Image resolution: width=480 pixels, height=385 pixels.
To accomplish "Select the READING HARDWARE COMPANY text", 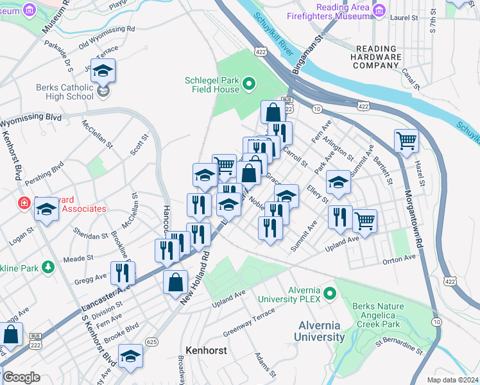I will click(368, 57).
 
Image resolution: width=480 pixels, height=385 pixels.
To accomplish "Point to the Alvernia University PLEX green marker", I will click(330, 294).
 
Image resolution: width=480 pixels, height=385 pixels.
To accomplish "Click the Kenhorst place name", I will click(204, 351).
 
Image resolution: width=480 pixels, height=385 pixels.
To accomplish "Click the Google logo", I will click(21, 377).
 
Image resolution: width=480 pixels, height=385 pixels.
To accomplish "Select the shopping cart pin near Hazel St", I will click(406, 141).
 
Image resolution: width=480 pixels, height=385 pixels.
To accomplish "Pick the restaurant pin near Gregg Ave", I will click(122, 273).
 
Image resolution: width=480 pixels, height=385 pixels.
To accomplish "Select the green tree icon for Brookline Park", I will click(47, 266).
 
